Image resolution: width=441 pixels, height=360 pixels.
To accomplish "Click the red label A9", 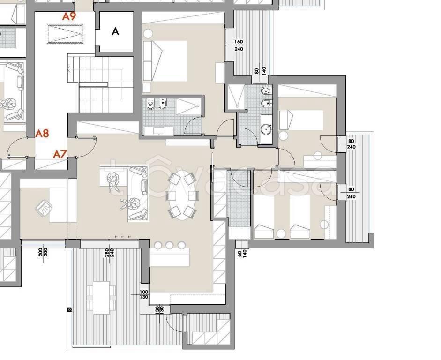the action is tap(69, 16).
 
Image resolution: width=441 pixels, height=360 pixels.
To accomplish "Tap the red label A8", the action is tap(42, 133).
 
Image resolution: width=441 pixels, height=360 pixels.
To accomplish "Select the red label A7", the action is tap(60, 154).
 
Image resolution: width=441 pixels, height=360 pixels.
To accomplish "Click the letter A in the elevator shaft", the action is tap(115, 31).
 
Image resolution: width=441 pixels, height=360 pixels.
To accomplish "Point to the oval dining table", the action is tap(182, 195).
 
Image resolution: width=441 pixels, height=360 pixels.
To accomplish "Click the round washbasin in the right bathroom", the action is tap(266, 129).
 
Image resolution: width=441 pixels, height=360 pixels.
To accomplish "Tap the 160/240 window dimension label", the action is tap(239, 45).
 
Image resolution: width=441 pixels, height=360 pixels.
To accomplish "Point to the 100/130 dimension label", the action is tap(144, 294).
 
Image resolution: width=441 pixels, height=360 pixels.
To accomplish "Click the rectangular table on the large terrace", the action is tap(101, 298).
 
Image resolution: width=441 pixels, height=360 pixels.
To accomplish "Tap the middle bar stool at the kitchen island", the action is tap(169, 245).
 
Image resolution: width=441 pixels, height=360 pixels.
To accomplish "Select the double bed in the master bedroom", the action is tap(165, 61).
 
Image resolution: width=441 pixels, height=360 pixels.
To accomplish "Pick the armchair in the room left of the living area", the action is tap(44, 208).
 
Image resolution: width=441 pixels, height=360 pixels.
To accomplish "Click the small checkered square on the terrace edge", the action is tap(69, 310).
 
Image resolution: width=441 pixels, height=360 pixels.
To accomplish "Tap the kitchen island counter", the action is tap(170, 257).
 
